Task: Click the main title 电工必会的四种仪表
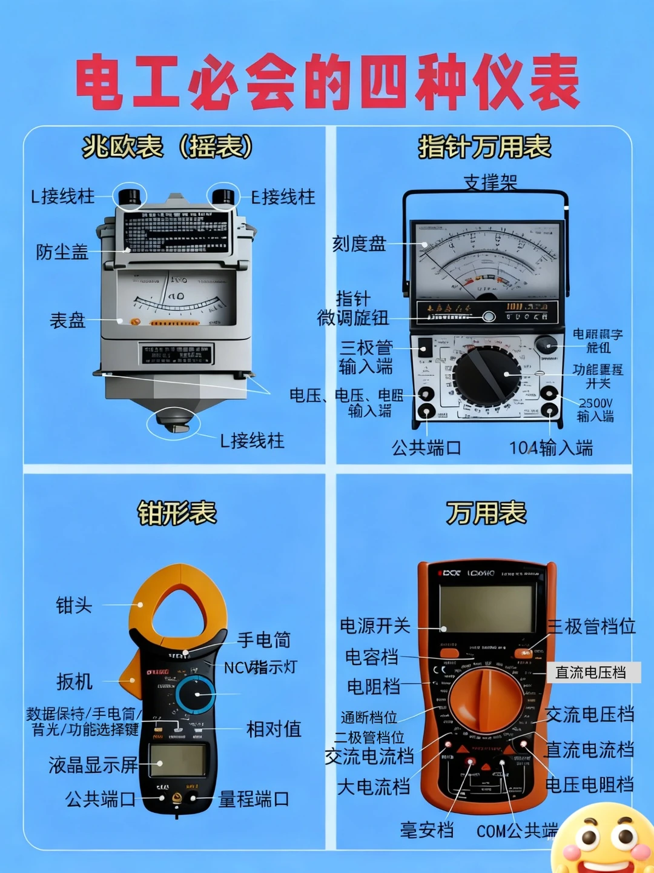tap(327, 82)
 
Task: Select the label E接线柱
tap(283, 197)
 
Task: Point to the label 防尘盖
tap(62, 252)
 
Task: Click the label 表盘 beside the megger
tap(67, 320)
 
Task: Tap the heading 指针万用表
tap(484, 147)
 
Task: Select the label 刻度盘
tap(359, 244)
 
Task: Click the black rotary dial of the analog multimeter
tap(486, 375)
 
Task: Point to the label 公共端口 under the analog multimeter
tap(426, 448)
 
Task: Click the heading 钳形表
tap(177, 513)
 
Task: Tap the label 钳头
tap(74, 604)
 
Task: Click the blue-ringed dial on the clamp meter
tap(196, 695)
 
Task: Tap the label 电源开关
tap(375, 626)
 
